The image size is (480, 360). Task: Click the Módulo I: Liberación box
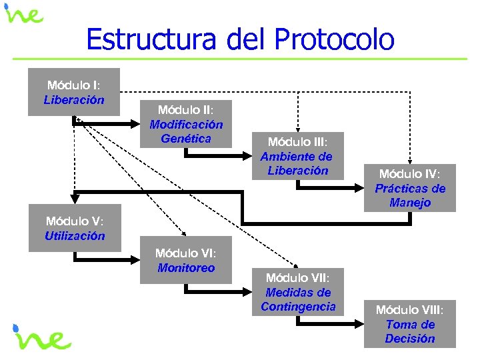tap(74, 92)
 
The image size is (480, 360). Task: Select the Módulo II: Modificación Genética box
tap(186, 123)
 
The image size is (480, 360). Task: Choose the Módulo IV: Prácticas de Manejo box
tap(410, 188)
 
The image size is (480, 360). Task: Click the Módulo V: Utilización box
tap(75, 228)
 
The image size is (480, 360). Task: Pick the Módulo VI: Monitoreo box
tap(186, 260)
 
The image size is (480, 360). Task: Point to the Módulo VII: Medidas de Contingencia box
tap(297, 292)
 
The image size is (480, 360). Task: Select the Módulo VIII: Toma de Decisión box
tap(409, 324)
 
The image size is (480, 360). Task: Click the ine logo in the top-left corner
tap(25, 15)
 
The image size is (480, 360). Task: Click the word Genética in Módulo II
tap(186, 139)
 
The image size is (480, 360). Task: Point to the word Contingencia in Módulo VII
tap(298, 307)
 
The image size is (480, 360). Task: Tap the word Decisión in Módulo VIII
tap(409, 339)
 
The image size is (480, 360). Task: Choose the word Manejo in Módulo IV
tap(410, 203)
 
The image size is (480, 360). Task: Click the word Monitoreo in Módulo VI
tap(186, 268)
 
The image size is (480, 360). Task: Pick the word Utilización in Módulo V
tap(75, 235)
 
